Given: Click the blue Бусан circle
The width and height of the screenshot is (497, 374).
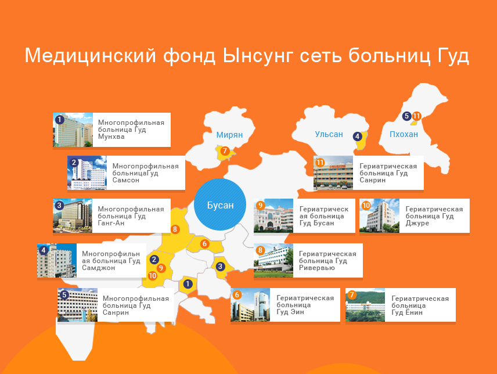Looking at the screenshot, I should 221,206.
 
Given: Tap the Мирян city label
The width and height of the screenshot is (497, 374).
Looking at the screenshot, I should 229,135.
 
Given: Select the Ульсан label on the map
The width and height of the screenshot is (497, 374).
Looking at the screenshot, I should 329,134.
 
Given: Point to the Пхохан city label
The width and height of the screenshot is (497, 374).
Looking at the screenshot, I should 404,134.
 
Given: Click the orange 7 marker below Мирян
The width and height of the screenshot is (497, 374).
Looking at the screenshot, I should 225,151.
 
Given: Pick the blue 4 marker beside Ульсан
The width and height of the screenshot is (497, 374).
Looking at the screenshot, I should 358,136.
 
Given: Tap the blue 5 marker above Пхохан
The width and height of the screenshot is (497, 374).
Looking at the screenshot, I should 406,116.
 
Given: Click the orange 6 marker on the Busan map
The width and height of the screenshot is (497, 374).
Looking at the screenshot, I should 204,244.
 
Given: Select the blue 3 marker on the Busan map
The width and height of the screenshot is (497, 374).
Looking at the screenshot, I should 220,267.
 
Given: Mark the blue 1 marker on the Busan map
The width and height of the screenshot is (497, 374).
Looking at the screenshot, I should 187,284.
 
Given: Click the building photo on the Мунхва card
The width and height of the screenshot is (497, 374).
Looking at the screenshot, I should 73,130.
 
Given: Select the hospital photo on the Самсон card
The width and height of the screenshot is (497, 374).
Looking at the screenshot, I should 87,173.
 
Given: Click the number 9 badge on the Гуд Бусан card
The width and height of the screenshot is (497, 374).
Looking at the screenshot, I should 261,206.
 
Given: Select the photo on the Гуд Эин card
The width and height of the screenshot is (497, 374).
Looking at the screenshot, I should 250,305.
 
